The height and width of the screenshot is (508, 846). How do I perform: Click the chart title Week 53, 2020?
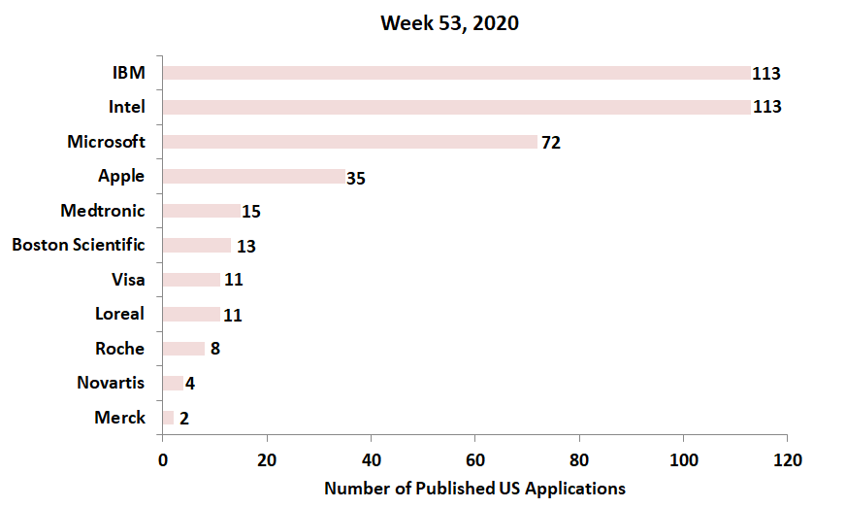tap(449, 23)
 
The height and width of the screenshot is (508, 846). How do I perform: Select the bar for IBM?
tap(456, 73)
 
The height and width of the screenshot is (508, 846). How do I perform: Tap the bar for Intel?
tap(456, 107)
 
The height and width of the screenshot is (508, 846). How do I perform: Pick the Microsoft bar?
tap(349, 142)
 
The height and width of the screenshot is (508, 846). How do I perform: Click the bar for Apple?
tap(253, 177)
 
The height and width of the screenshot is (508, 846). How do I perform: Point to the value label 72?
tap(551, 143)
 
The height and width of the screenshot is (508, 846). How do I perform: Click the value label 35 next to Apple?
tap(355, 178)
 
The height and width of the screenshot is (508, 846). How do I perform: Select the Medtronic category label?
tap(102, 211)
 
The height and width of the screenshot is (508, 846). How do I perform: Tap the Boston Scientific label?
tap(79, 245)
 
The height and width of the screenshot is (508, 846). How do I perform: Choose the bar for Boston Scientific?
tap(196, 246)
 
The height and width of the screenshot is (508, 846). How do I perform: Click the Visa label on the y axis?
tap(128, 280)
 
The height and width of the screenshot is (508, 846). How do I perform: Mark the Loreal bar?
tap(191, 315)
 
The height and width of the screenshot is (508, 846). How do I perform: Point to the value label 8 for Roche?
tap(215, 349)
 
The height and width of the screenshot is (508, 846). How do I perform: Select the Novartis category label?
tap(111, 383)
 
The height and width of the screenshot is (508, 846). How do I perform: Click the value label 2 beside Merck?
tap(183, 419)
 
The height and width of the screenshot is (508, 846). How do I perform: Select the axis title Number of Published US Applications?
tap(474, 488)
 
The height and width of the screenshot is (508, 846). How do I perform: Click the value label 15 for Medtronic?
tap(251, 212)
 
